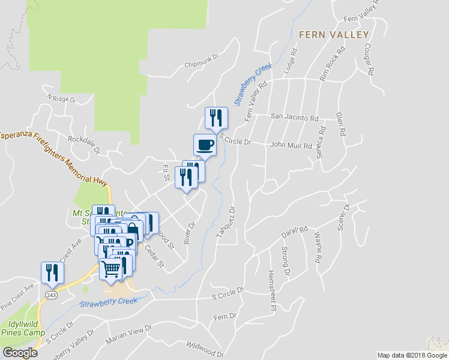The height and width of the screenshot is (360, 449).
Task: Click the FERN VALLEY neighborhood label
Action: pos(333,35)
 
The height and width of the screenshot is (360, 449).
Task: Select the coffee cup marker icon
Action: pos(205,145)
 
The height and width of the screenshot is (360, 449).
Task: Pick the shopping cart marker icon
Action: pos(110,270)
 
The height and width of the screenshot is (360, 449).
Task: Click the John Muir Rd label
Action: pos(291,145)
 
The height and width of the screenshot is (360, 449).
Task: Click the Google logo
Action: pos(19,353)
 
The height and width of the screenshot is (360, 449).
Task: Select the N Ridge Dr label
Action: pos(61,98)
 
